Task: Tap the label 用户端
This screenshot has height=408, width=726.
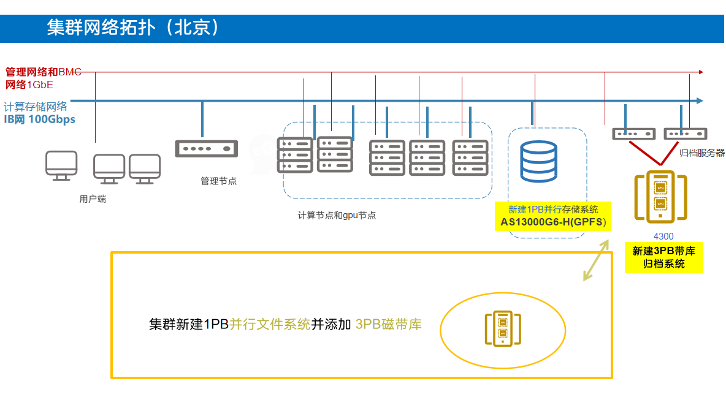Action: point(92,199)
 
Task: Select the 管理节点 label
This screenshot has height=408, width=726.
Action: point(218,181)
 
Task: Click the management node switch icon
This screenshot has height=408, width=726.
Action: point(206,148)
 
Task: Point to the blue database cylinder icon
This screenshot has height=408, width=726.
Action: point(538,162)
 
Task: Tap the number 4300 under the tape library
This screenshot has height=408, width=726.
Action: point(663,236)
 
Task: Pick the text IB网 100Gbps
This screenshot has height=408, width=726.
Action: point(40,119)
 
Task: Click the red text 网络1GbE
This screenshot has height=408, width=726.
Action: point(29,85)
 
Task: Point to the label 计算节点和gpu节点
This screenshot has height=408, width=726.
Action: point(337,216)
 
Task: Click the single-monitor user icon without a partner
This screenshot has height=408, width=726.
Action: point(61,165)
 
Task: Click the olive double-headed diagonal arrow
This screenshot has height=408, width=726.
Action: point(596,260)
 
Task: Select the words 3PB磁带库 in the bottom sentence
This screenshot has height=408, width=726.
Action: point(388,324)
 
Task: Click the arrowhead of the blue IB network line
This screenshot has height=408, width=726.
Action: point(700,100)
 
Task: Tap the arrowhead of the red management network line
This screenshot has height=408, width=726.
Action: point(700,72)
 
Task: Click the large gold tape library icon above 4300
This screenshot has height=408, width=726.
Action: point(660,196)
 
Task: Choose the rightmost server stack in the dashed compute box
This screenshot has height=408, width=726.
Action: point(470,157)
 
